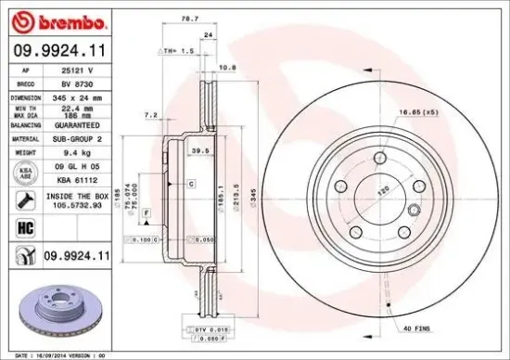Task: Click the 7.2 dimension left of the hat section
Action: point(148,115)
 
